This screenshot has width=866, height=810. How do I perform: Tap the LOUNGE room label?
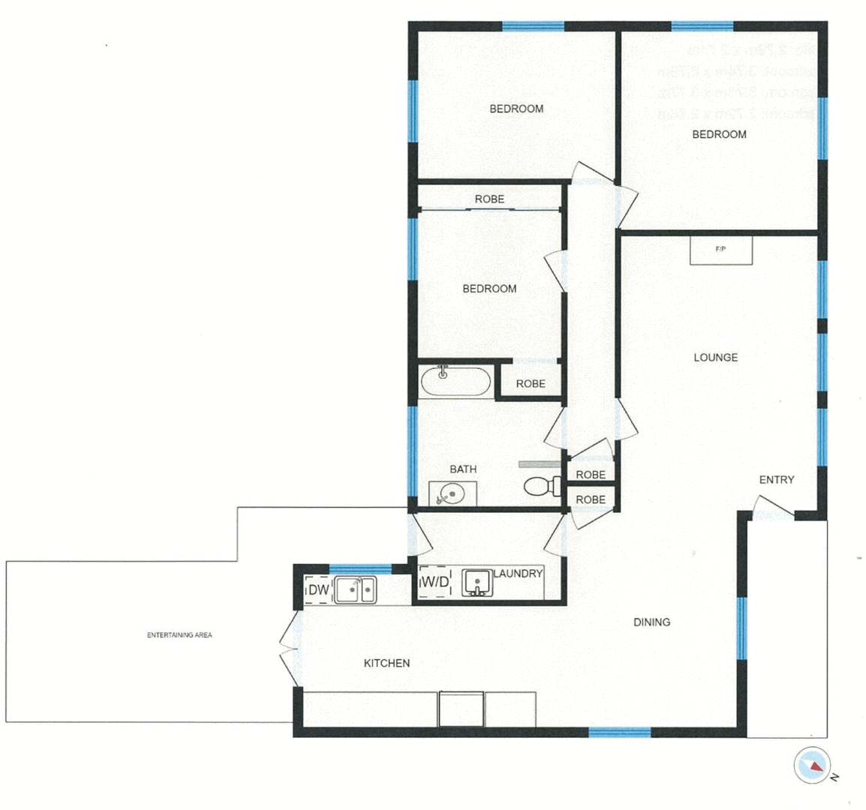tap(715, 358)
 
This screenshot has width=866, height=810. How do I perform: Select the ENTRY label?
tap(776, 480)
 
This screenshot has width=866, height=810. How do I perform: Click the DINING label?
tap(651, 622)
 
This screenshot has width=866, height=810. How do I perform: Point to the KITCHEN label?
tap(386, 663)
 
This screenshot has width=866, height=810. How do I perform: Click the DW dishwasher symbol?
tap(319, 590)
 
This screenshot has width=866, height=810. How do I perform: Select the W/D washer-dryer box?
tap(435, 582)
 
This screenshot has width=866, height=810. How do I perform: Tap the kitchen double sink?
tap(356, 589)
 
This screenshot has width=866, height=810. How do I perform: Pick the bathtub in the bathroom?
tap(455, 381)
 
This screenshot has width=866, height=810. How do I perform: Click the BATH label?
tap(463, 469)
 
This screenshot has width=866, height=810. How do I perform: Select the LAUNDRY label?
tap(518, 574)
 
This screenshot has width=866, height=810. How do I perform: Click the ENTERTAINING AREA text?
tap(179, 635)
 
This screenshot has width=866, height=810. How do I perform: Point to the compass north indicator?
tap(813, 766)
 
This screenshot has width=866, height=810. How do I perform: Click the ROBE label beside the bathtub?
tap(531, 384)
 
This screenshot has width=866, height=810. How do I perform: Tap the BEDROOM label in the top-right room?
tap(719, 135)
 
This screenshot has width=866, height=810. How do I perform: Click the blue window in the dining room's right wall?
tap(741, 628)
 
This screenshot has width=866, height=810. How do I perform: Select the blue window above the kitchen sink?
tap(361, 567)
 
